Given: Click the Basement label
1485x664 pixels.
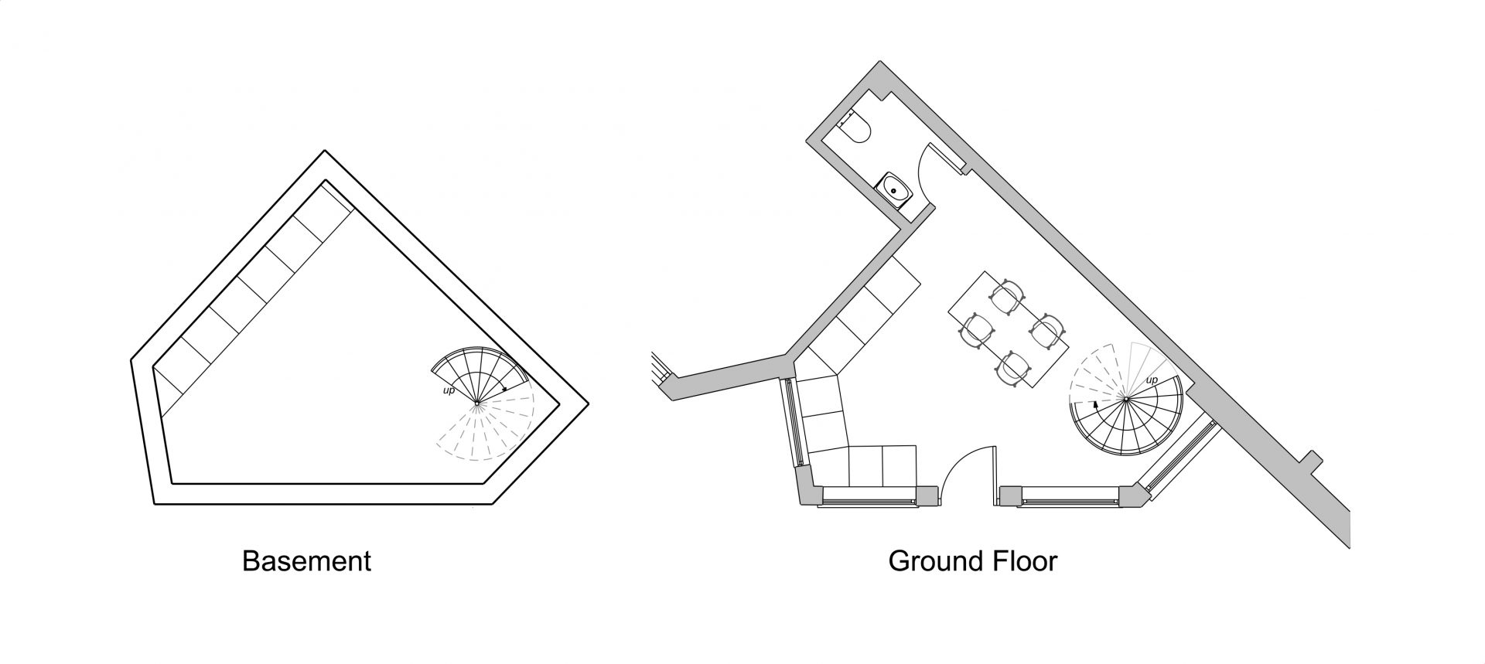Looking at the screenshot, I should click(306, 560).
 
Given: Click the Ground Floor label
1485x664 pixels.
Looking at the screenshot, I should click(972, 560).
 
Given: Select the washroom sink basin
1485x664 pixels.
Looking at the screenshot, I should click(897, 187).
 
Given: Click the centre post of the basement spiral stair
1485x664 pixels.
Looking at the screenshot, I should click(477, 402).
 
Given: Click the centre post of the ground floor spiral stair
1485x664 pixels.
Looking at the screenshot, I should click(1125, 399).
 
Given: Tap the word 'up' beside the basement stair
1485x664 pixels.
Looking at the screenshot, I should click(449, 390).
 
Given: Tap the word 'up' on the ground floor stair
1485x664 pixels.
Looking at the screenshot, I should click(1152, 380).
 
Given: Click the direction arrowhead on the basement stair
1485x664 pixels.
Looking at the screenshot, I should click(504, 389).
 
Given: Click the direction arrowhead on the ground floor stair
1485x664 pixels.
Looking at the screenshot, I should click(1095, 404).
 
